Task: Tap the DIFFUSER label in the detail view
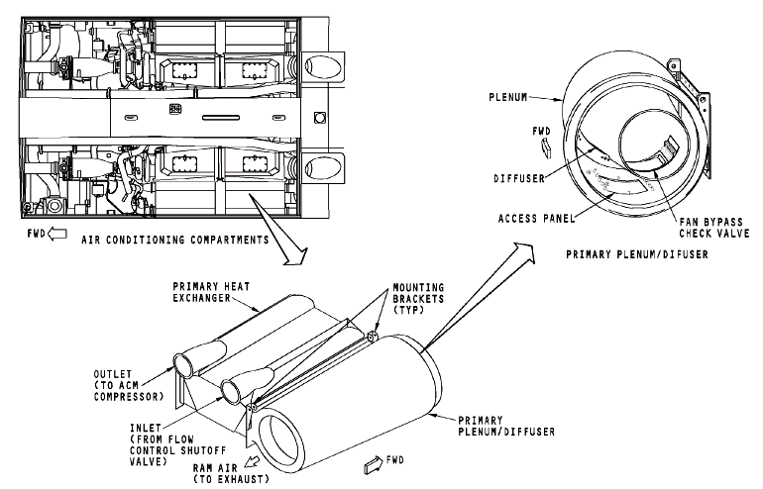pyautogui.click(x=523, y=179)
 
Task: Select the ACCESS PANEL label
pyautogui.click(x=530, y=216)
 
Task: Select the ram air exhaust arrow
pyautogui.click(x=257, y=460)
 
